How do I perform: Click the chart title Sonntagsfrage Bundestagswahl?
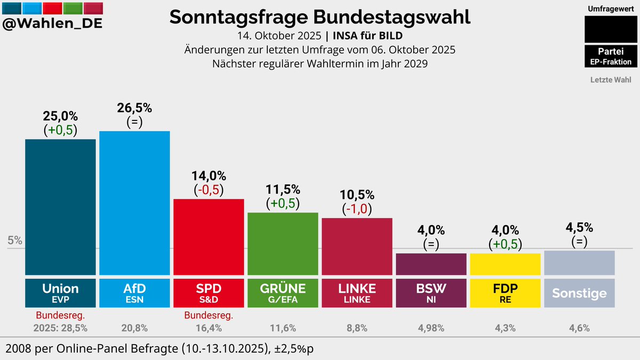(320, 17)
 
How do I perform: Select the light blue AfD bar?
(134, 203)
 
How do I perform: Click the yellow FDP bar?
(505, 264)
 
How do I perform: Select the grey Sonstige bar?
(579, 262)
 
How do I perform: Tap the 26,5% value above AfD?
(134, 108)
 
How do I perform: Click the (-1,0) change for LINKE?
(357, 209)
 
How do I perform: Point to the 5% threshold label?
(15, 241)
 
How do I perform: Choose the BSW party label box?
(431, 292)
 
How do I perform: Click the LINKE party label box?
(357, 292)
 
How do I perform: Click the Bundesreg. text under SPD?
(209, 316)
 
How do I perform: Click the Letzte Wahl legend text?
(611, 80)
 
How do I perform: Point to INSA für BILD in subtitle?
(367, 36)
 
